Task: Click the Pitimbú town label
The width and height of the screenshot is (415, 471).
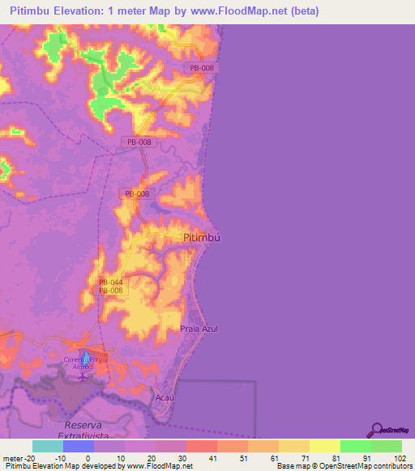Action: (202, 238)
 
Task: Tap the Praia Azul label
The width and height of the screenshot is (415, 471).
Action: (199, 329)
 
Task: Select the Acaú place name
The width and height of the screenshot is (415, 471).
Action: (165, 398)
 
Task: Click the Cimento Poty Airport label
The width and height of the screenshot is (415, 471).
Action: (84, 362)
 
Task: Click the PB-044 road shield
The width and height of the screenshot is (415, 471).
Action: (110, 282)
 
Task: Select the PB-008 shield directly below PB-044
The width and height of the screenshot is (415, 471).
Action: (110, 291)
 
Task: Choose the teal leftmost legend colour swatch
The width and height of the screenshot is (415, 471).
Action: (47, 446)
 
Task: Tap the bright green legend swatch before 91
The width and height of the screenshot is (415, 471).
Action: (355, 446)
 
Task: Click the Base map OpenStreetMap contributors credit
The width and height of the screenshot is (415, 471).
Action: (343, 467)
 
